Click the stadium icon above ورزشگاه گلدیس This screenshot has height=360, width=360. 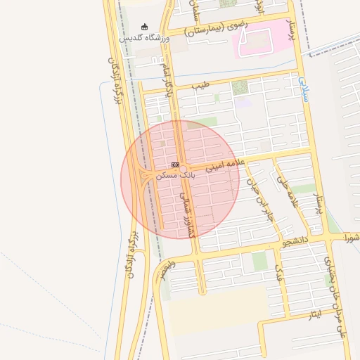145,27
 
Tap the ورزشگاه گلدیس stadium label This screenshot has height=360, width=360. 145,37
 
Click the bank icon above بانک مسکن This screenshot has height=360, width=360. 175,164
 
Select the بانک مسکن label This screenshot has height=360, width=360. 175,174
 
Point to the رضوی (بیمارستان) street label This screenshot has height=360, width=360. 218,28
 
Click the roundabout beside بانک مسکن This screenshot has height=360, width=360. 149,176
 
